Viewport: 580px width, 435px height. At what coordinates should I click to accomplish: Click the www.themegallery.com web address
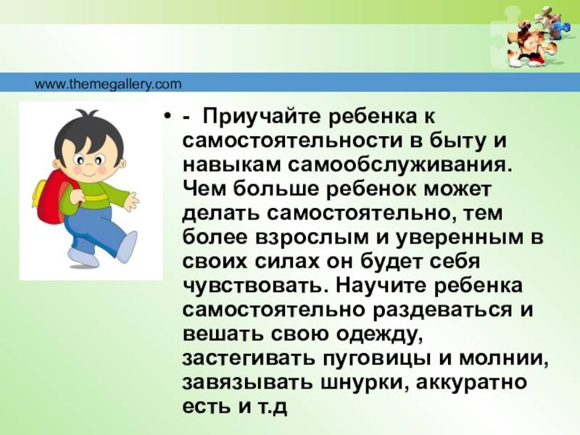[x=108, y=85]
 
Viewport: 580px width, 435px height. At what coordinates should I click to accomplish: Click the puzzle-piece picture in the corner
[x=534, y=37]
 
